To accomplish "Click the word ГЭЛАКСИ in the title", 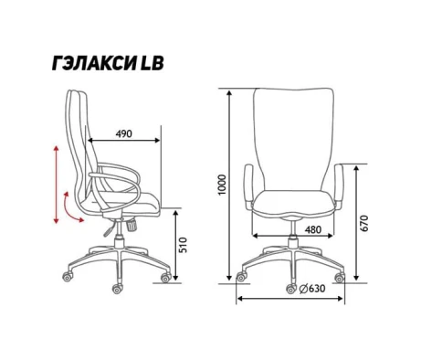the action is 94,63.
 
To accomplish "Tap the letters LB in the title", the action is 152,63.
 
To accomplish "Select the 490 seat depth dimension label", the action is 124,133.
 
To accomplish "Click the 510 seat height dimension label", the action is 184,245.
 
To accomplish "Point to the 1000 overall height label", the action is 222,185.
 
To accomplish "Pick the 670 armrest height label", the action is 364,223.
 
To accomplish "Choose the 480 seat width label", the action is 312,229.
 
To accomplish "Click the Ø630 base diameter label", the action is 312,288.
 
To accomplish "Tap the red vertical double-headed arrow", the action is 56,185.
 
